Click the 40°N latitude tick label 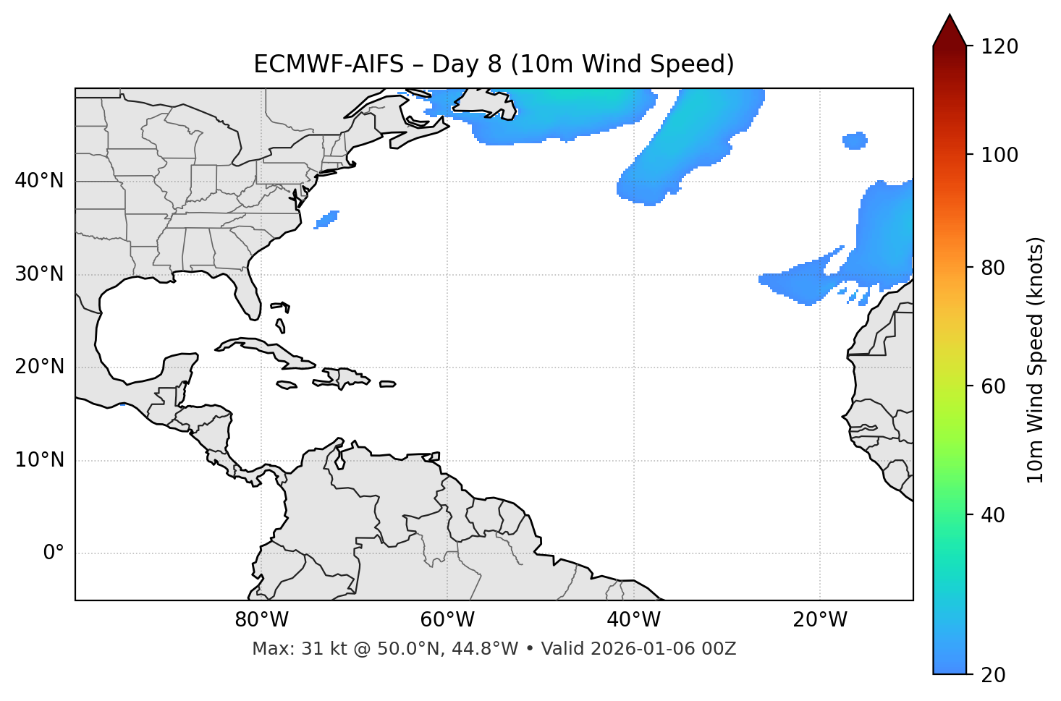(39, 181)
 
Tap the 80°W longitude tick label (261, 620)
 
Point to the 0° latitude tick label (54, 553)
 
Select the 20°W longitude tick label (820, 620)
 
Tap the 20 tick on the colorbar (993, 675)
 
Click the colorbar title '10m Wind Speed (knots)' (1036, 360)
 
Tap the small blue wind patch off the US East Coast (327, 218)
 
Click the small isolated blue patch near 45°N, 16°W (855, 140)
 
